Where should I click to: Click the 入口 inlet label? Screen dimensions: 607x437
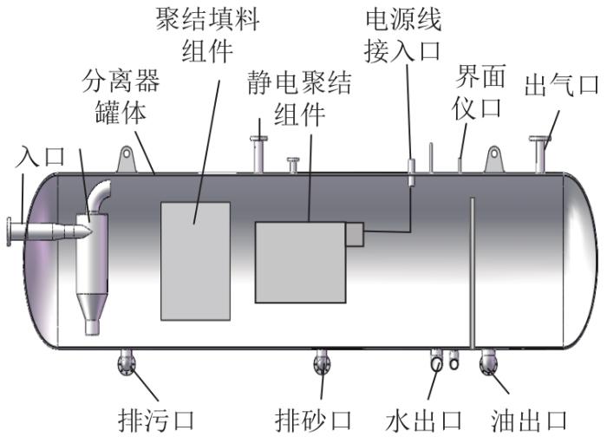coord(40,156)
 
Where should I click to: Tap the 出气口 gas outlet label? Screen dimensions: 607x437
coord(561,86)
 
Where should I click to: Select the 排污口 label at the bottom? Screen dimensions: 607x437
coord(156,421)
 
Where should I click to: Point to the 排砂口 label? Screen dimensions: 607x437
coord(313,421)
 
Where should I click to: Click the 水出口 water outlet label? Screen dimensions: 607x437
coord(424,421)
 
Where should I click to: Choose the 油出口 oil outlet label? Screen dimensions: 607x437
coord(529,421)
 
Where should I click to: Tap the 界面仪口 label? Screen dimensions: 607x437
coord(479,92)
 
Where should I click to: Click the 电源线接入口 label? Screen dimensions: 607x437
coord(402,36)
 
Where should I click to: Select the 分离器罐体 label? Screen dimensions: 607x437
coord(121,97)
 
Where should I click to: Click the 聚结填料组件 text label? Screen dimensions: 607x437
coord(207,36)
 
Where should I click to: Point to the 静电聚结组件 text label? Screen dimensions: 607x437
coord(299,98)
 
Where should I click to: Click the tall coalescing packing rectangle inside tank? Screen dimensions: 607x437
coord(195,261)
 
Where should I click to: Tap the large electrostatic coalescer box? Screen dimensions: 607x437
coord(300,263)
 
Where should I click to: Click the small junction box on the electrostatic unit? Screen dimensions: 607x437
coord(355,235)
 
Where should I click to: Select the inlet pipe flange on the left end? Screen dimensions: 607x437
coord(9,232)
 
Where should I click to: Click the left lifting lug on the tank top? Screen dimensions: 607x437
coord(127,159)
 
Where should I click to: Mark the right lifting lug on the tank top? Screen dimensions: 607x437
coord(494,159)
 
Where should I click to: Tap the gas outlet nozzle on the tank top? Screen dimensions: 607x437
coord(539,154)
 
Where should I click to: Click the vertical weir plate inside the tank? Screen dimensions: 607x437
coord(473,273)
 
